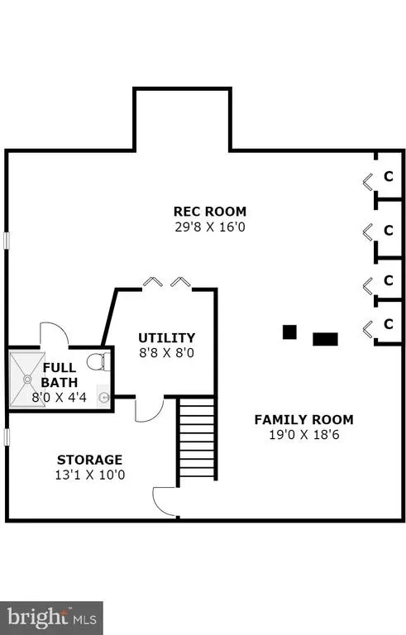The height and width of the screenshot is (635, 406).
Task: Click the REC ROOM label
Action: (x=209, y=212)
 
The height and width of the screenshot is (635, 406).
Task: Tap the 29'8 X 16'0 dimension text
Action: (x=210, y=227)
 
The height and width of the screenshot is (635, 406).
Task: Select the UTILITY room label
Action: (x=166, y=337)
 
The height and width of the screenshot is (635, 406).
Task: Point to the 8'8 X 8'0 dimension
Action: (x=166, y=353)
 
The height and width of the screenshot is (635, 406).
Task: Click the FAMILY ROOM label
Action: (x=304, y=419)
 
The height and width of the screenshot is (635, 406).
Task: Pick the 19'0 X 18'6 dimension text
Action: (x=304, y=435)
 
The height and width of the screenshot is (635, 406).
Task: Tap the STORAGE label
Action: (x=89, y=460)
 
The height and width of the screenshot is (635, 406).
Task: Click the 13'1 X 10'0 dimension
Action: (x=90, y=475)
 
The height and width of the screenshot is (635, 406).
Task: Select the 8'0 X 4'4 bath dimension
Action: (x=60, y=397)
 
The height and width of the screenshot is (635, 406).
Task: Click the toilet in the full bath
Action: (x=98, y=361)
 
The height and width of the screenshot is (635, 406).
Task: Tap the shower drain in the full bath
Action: (x=27, y=379)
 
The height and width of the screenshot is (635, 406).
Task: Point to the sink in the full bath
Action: (x=103, y=397)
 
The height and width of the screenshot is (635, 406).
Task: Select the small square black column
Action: (x=289, y=332)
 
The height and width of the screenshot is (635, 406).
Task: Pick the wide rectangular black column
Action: (x=325, y=339)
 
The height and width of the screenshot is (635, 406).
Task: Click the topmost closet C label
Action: (x=389, y=177)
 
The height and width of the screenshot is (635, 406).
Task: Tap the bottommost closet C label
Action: (x=389, y=324)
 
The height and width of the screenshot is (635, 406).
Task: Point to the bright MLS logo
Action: (x=52, y=618)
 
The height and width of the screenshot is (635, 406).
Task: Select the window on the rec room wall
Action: (x=7, y=240)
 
